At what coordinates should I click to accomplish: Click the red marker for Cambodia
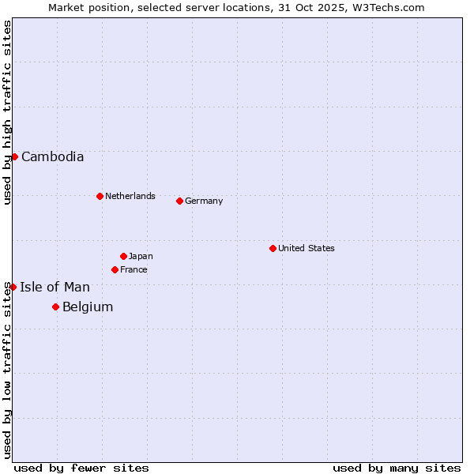[14, 156]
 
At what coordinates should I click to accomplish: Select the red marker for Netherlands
[100, 196]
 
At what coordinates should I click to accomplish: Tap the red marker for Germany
[179, 201]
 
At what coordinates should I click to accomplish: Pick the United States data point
[273, 248]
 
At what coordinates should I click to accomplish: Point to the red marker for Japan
[123, 256]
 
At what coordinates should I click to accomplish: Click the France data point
[115, 269]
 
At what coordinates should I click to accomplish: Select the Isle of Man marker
[13, 287]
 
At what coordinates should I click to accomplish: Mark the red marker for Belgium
[55, 307]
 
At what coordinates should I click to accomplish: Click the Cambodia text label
[52, 156]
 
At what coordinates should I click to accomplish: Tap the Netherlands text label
[130, 196]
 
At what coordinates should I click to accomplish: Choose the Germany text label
[204, 201]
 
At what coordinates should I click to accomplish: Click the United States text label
[307, 248]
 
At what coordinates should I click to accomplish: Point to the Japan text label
[141, 256]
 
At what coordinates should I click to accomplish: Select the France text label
[134, 269]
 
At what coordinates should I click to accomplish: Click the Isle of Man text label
[55, 287]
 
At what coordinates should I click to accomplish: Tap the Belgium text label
[88, 307]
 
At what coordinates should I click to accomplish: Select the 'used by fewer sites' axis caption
[81, 468]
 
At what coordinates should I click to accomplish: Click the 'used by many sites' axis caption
[397, 468]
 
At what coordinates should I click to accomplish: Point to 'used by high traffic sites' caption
[7, 112]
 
